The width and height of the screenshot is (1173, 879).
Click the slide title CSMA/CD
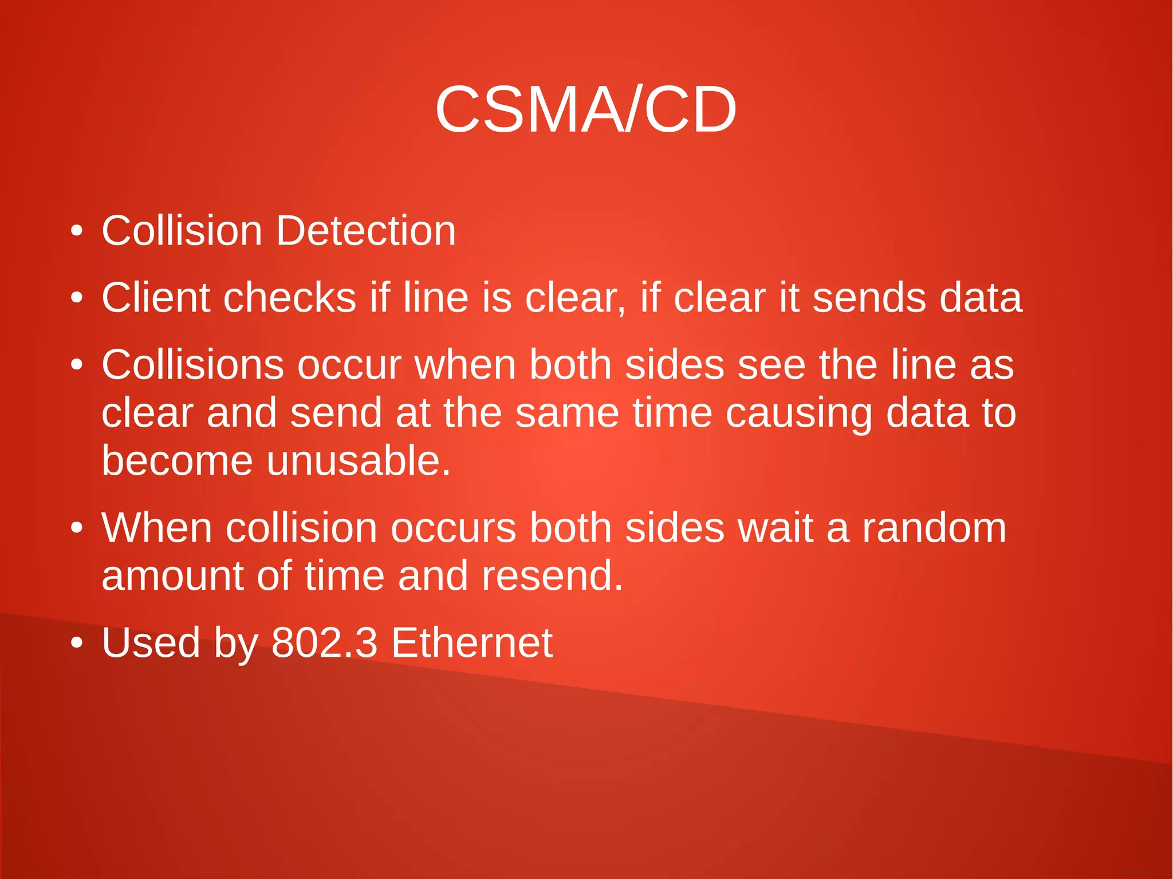point(585,110)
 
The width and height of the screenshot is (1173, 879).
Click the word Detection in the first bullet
point(366,231)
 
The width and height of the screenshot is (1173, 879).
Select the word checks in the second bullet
point(290,298)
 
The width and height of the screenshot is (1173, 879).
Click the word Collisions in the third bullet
point(192,365)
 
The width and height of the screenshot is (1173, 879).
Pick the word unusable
point(359,461)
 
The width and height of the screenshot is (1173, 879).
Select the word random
point(934,527)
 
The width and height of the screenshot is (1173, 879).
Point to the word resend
point(552,576)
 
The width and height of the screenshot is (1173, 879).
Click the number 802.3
point(324,643)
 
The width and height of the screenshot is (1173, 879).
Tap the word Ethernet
point(472,643)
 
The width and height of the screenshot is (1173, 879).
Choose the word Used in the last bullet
point(151,643)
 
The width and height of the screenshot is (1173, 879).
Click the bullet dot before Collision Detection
point(77,232)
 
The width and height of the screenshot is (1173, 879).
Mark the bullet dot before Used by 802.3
point(77,643)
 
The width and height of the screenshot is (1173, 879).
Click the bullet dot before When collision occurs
point(77,528)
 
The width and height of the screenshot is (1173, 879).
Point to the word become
point(177,461)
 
